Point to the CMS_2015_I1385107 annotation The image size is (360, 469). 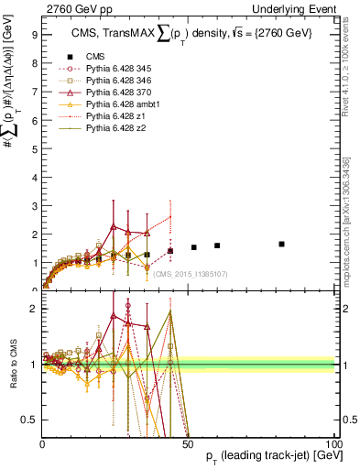coord(191,273)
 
